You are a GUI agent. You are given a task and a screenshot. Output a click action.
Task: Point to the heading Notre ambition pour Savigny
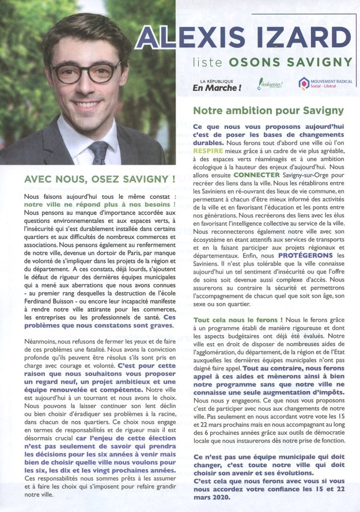(268, 110)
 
